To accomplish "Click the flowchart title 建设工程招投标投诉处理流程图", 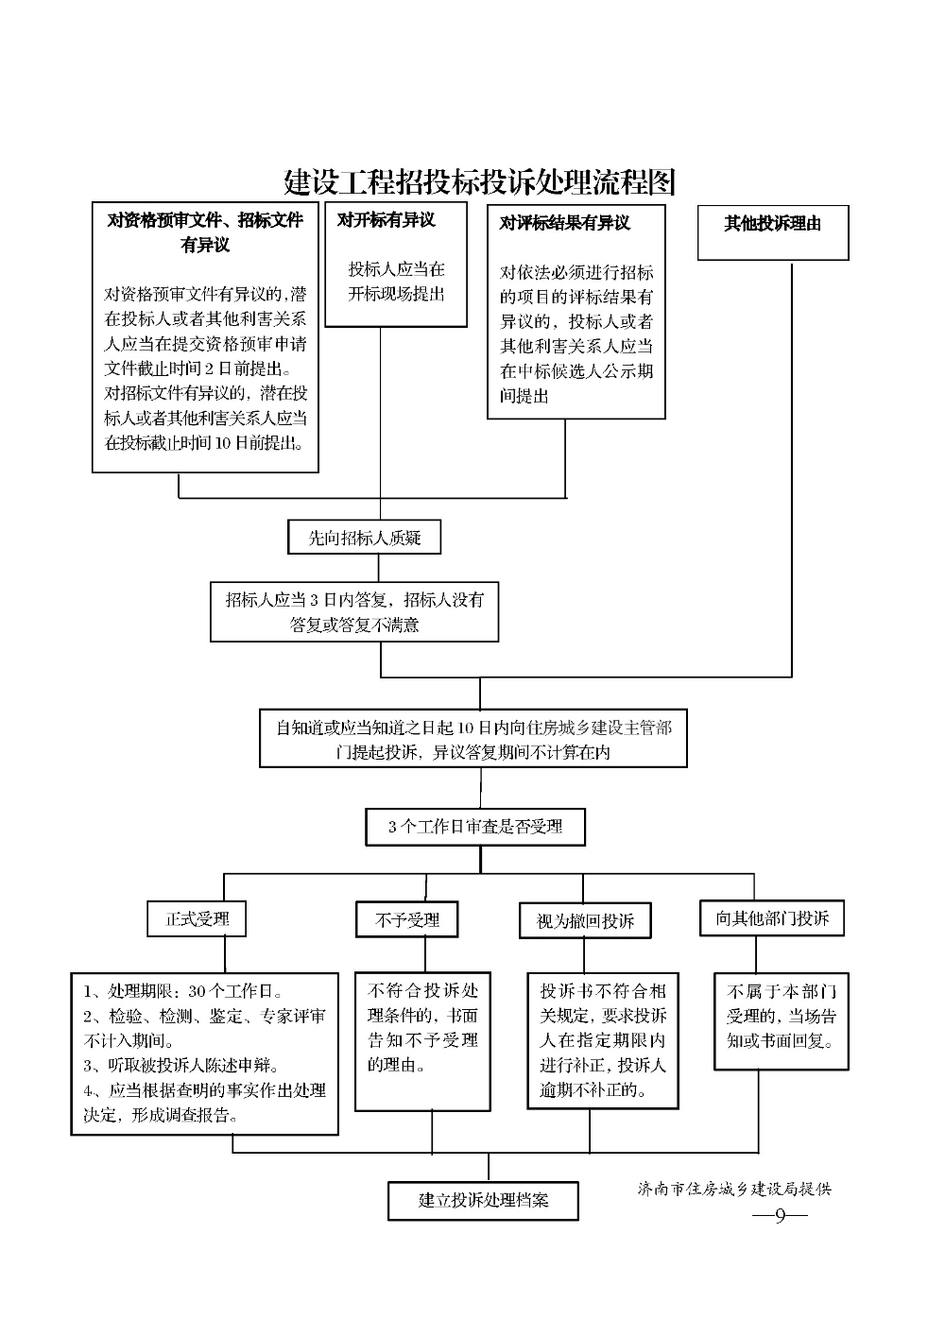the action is pyautogui.click(x=479, y=182).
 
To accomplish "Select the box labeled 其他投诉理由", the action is pyautogui.click(x=773, y=232).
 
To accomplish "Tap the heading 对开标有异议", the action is pyautogui.click(x=386, y=220).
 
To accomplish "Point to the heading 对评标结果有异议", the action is pyautogui.click(x=564, y=223).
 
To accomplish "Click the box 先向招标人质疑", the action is pyautogui.click(x=365, y=537).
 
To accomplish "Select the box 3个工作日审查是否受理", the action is pyautogui.click(x=475, y=827).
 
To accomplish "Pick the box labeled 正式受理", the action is pyautogui.click(x=197, y=918).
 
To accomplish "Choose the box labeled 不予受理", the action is pyautogui.click(x=407, y=919).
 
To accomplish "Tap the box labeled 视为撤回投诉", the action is pyautogui.click(x=585, y=921).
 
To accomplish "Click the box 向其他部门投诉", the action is pyautogui.click(x=772, y=917).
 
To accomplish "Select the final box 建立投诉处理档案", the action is pyautogui.click(x=483, y=1201).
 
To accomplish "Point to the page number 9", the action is pyautogui.click(x=781, y=1215).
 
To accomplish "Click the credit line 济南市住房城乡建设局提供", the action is pyautogui.click(x=734, y=1189).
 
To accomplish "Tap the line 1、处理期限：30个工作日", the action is pyautogui.click(x=183, y=991).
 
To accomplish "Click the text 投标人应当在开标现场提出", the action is pyautogui.click(x=396, y=282).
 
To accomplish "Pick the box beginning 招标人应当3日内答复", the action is pyautogui.click(x=354, y=612).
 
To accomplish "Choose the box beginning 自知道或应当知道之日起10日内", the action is pyautogui.click(x=473, y=738).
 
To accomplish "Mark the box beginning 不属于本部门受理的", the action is pyautogui.click(x=782, y=1021).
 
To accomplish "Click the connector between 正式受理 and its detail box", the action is pyautogui.click(x=225, y=955).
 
